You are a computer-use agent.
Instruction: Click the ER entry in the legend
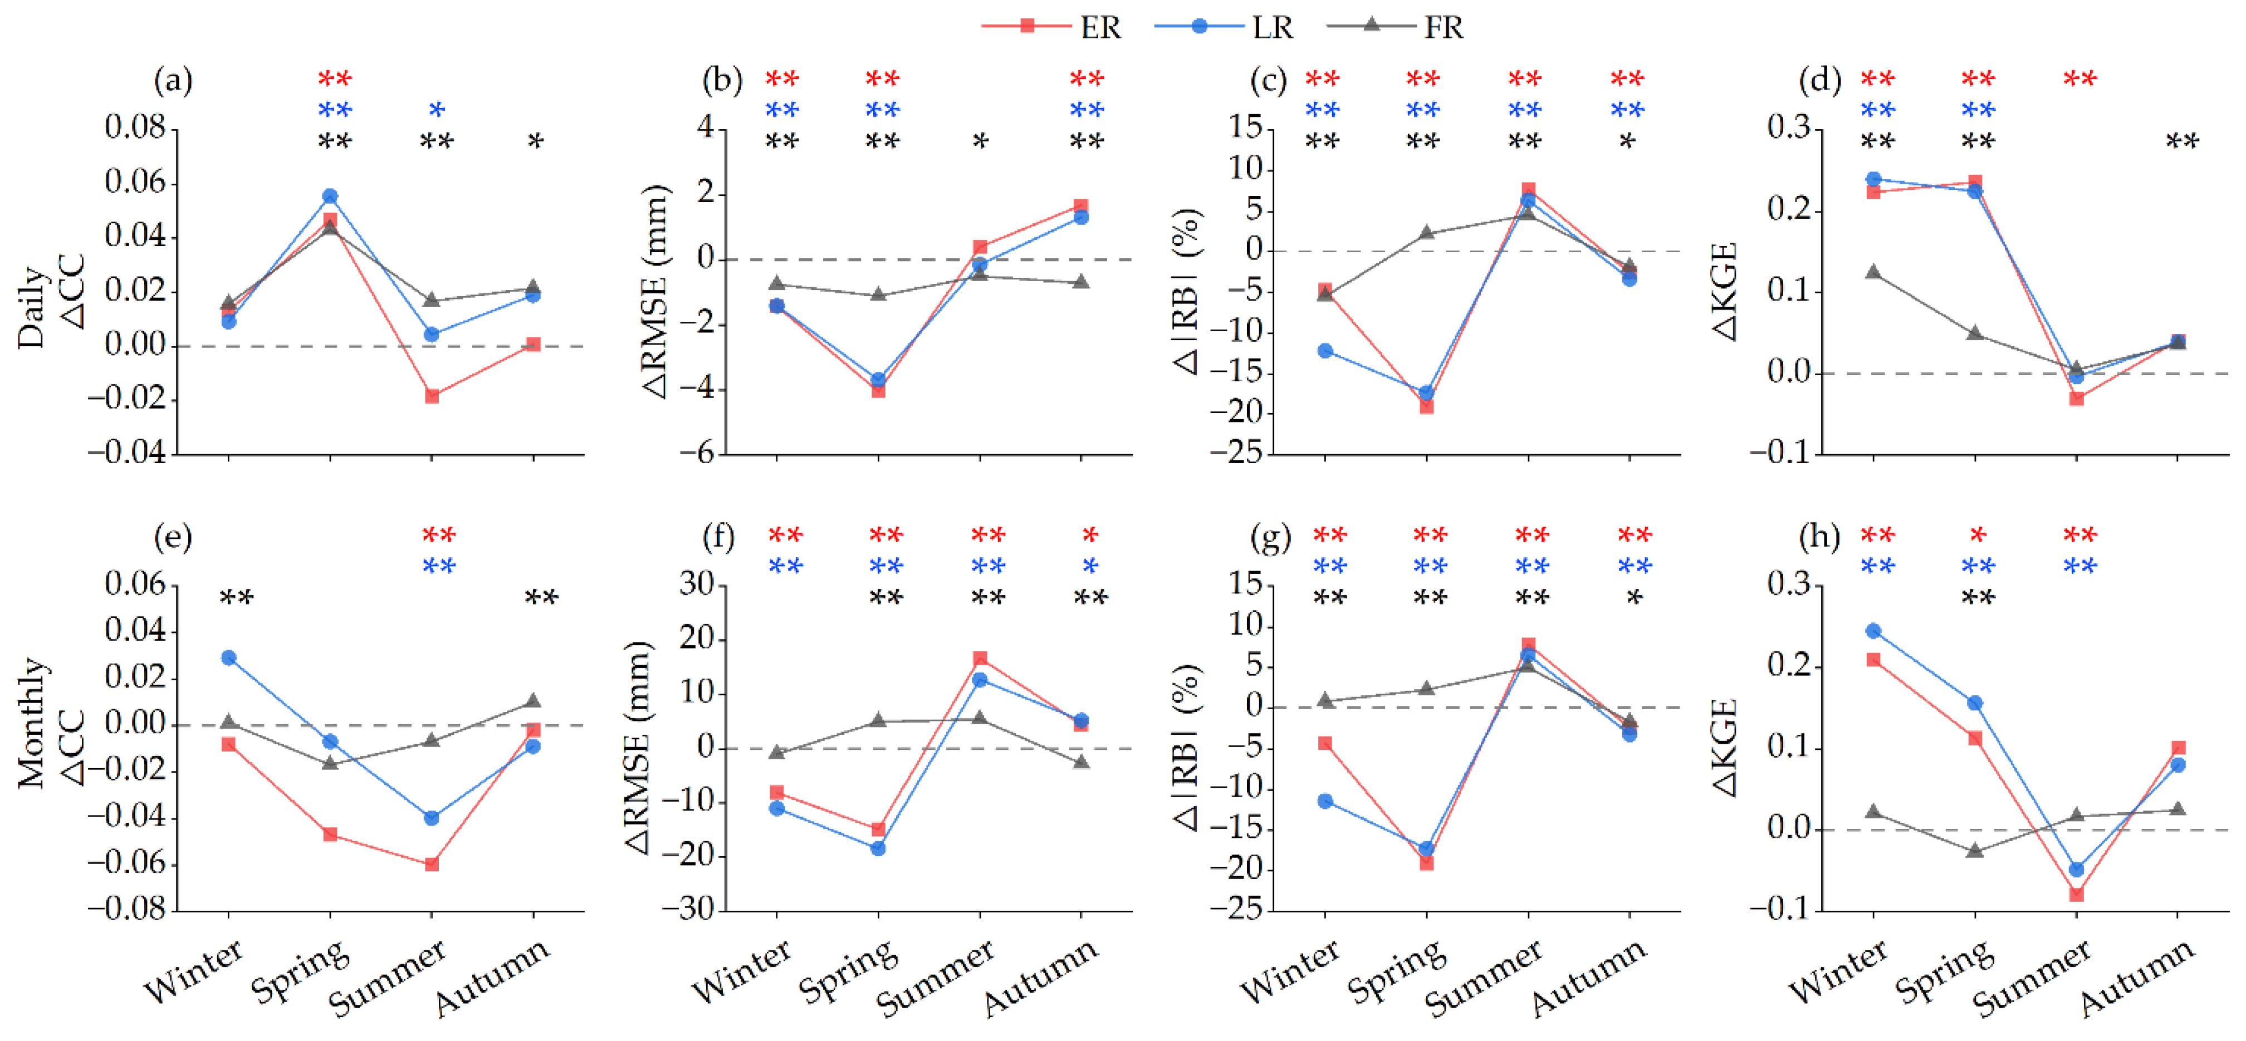click(1051, 27)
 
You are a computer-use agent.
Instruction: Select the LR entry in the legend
click(1224, 27)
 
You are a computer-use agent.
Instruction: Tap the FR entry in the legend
click(1395, 27)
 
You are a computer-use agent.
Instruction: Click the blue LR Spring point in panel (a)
click(330, 196)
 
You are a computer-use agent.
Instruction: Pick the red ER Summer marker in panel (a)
click(432, 396)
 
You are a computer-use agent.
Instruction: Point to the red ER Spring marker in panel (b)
click(878, 391)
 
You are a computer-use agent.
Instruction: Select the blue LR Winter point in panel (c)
click(1325, 351)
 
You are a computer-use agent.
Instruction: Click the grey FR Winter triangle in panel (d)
click(1873, 272)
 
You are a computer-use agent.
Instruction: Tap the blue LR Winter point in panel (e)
click(228, 657)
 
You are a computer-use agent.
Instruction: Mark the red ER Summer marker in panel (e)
click(432, 864)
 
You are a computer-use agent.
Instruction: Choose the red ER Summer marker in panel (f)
click(980, 658)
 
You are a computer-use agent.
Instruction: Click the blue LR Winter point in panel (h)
click(1873, 630)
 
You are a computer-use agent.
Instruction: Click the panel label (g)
click(1270, 537)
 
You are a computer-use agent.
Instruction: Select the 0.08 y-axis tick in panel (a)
click(135, 128)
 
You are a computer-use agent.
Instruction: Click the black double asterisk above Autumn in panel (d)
click(2183, 140)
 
